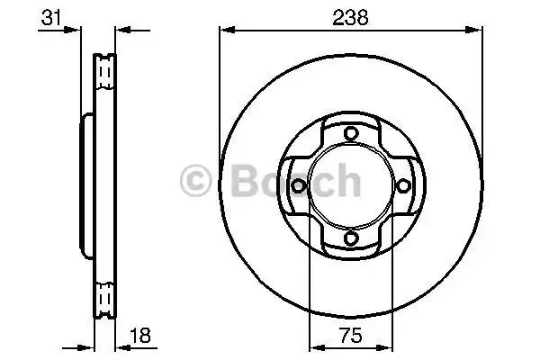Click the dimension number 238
350,18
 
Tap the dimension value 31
50,18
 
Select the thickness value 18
140,335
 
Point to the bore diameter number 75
351,335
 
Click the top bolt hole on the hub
351,133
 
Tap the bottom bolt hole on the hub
351,238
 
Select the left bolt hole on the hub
298,186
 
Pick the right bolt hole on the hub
403,186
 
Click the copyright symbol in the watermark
195,181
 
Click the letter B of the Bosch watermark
245,181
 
